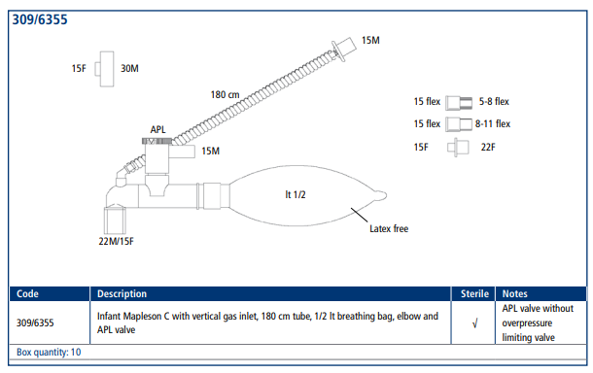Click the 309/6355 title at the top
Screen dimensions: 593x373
point(40,19)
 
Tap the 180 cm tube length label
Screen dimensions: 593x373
point(225,94)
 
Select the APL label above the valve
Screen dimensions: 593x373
point(158,129)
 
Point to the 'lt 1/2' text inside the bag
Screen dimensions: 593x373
point(296,194)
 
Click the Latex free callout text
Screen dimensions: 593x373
point(389,228)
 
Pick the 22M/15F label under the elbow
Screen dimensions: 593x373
point(116,241)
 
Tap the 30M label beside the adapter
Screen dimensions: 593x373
point(129,68)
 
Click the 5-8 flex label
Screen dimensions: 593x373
point(494,101)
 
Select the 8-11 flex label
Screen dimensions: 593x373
point(493,123)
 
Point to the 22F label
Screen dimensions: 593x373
point(488,147)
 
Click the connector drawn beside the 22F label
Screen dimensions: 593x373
point(458,148)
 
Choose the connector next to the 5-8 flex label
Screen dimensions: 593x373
point(459,103)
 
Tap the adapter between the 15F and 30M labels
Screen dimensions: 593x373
point(105,69)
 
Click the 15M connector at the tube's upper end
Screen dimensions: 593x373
point(343,49)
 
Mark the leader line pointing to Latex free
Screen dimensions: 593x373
point(359,215)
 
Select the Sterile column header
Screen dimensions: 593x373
point(474,293)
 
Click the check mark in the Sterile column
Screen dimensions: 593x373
point(475,323)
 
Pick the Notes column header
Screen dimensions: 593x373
point(514,293)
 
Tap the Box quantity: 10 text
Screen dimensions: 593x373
point(49,353)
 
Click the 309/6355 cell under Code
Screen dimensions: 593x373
point(35,322)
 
